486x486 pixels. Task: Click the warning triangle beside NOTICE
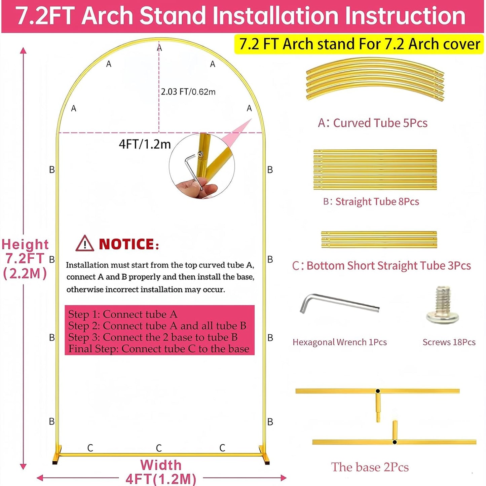pyautogui.click(x=84, y=244)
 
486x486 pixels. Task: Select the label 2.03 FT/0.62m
pyautogui.click(x=188, y=92)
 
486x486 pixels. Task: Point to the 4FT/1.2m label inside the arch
pyautogui.click(x=145, y=144)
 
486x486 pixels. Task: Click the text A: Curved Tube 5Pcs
pyautogui.click(x=373, y=123)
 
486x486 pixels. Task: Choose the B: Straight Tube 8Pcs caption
pyautogui.click(x=371, y=201)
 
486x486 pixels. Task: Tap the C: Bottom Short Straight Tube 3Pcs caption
pyautogui.click(x=381, y=266)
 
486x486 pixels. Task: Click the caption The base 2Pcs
pyautogui.click(x=370, y=467)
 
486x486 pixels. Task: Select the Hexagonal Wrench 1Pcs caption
pyautogui.click(x=340, y=342)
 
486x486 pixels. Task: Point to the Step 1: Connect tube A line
pyautogui.click(x=123, y=314)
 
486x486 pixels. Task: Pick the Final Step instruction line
pyautogui.click(x=159, y=349)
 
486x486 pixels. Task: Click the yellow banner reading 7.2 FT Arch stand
pyautogui.click(x=359, y=44)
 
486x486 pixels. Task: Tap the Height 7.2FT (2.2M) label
pyautogui.click(x=25, y=259)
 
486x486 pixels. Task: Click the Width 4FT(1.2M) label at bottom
pyautogui.click(x=161, y=472)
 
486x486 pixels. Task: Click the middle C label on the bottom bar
pyautogui.click(x=159, y=448)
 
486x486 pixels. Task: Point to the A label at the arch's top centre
pyautogui.click(x=159, y=48)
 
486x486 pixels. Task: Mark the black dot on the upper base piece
pyautogui.click(x=378, y=391)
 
